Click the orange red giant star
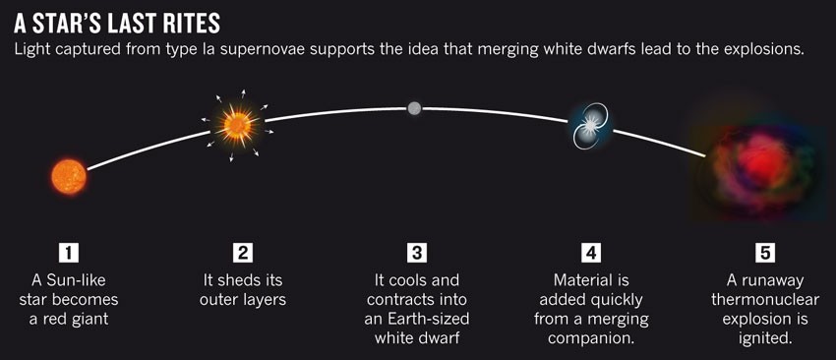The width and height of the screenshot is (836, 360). click(x=69, y=177)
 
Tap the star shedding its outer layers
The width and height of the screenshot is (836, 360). click(x=237, y=126)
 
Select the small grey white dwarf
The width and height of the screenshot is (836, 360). click(x=414, y=109)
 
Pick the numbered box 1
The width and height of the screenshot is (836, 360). click(x=69, y=252)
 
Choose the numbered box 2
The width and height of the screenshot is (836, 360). click(x=243, y=252)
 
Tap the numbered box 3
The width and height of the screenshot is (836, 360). click(x=416, y=252)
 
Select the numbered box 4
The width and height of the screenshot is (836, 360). click(x=591, y=252)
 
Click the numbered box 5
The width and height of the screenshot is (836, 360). click(x=765, y=252)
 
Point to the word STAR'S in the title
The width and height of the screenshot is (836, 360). click(x=65, y=24)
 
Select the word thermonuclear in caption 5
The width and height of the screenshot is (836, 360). click(x=765, y=300)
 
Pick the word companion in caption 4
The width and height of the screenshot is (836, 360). click(x=591, y=338)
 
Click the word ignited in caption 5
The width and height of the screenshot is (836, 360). click(x=765, y=338)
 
